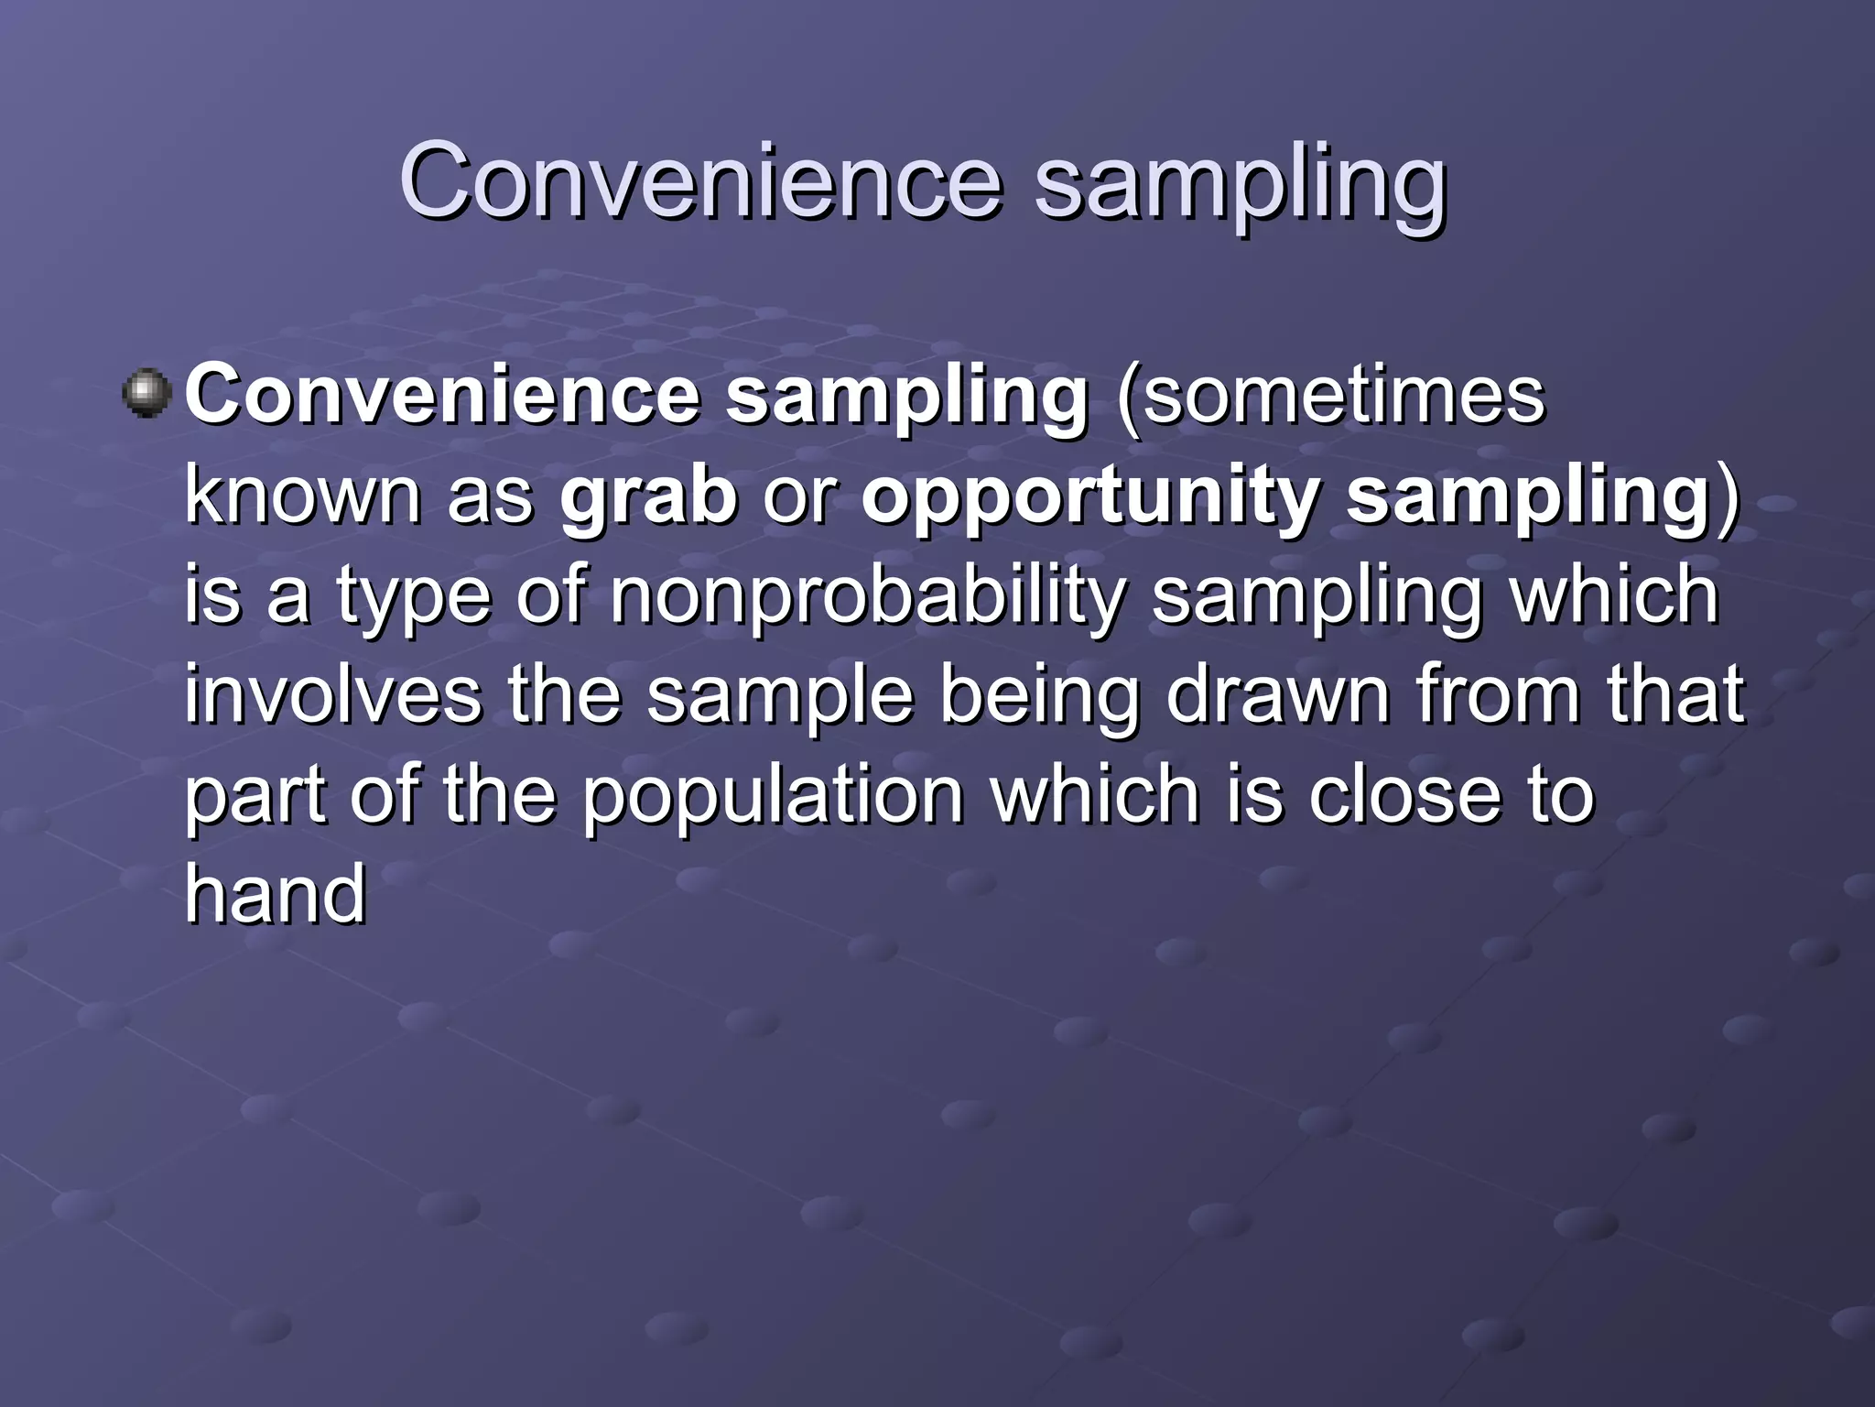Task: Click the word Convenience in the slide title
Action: pos(700,180)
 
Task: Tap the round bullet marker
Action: pos(146,395)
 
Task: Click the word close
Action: pos(1404,794)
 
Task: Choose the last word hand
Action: pos(276,892)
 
